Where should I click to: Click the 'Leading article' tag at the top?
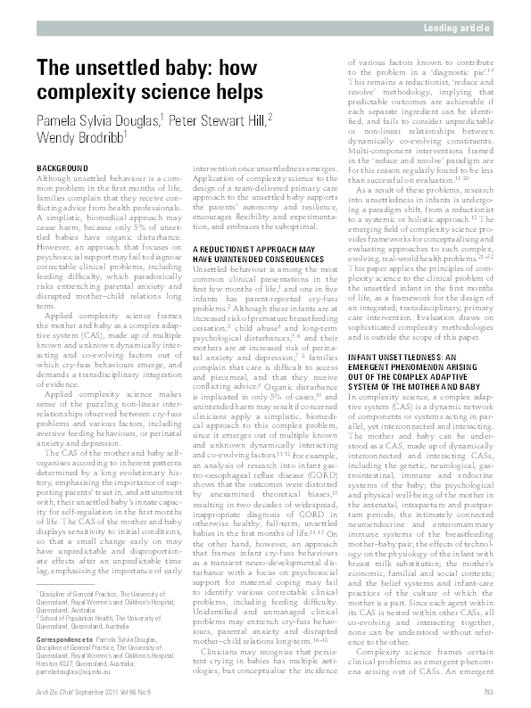(460, 29)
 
